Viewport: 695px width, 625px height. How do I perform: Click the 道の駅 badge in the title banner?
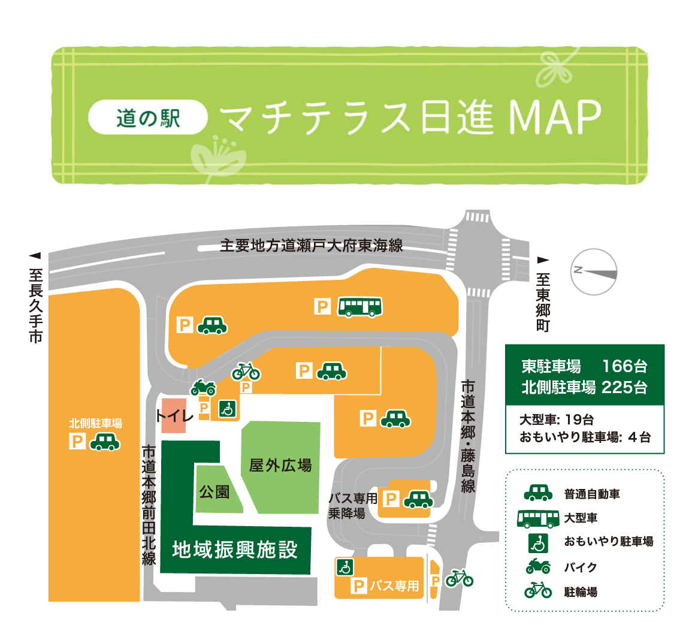click(x=148, y=117)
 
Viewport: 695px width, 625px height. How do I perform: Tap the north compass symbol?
click(x=593, y=272)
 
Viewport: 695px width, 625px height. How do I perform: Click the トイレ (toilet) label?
click(x=174, y=415)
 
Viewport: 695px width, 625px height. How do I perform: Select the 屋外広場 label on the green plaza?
click(x=280, y=465)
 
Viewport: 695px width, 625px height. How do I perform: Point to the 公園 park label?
click(x=214, y=492)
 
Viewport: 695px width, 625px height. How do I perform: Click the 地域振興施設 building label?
click(x=235, y=549)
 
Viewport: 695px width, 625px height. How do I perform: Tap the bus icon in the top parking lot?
click(x=359, y=307)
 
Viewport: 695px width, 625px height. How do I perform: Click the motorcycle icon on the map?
click(x=203, y=387)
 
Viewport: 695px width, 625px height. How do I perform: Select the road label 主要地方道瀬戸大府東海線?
click(x=311, y=246)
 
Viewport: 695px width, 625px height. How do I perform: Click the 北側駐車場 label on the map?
click(x=95, y=423)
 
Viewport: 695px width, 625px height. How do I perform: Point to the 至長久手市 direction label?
click(x=35, y=306)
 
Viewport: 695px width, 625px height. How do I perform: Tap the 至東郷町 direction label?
click(x=543, y=303)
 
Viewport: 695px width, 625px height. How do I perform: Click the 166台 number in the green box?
click(x=624, y=366)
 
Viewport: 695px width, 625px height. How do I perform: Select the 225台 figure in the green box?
click(x=624, y=387)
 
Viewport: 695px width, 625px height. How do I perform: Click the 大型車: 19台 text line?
click(x=557, y=420)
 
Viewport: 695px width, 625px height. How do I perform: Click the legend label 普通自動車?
click(x=592, y=494)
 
